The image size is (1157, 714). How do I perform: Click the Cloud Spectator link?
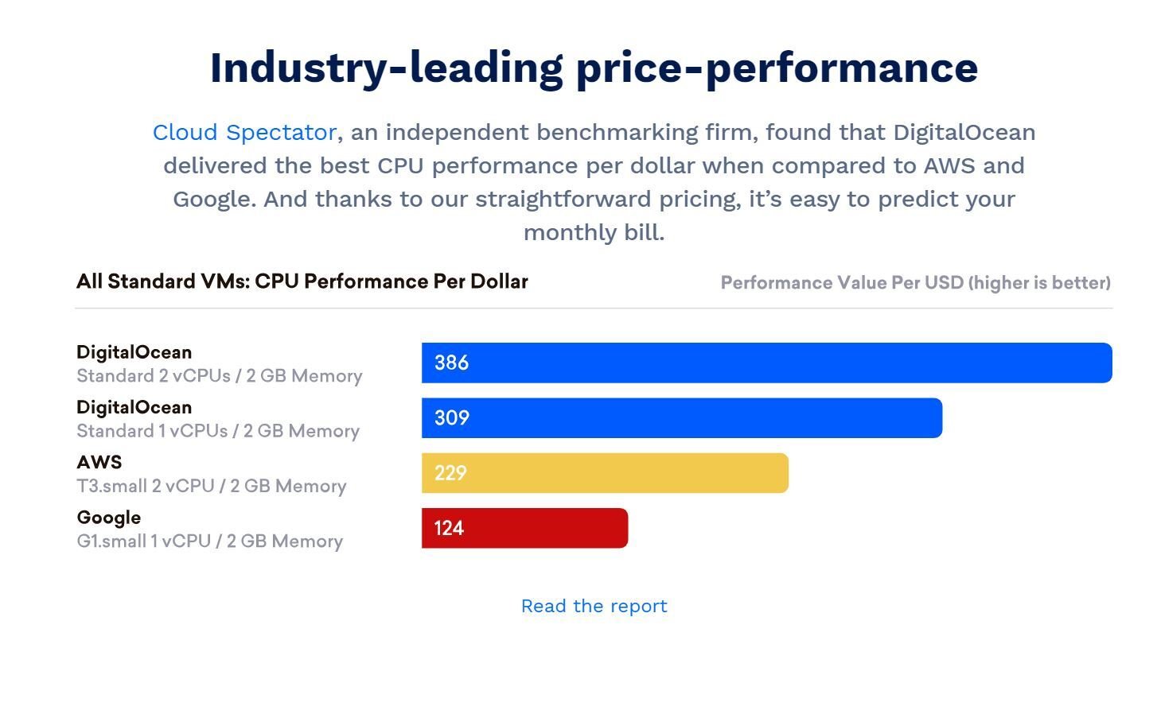[x=244, y=132]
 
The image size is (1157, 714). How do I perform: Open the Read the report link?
[x=594, y=606]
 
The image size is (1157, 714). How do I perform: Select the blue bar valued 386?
[x=766, y=363]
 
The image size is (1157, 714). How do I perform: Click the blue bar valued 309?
[x=681, y=418]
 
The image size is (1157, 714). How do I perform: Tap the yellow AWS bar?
[x=605, y=473]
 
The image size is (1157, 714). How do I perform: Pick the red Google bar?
[x=524, y=528]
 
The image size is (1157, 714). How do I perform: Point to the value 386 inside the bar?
[x=451, y=363]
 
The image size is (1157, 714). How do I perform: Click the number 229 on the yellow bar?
[x=450, y=473]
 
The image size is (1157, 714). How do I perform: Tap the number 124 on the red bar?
[x=449, y=528]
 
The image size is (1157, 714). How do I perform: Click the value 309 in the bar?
[x=451, y=418]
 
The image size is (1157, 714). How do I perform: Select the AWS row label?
[x=99, y=462]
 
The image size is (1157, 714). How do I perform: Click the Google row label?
[x=109, y=518]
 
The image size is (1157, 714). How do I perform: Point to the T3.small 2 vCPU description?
[x=211, y=486]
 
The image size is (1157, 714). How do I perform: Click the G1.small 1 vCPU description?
[x=209, y=541]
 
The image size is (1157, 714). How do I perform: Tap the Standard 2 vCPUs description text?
[x=219, y=376]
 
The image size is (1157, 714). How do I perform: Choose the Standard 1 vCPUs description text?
[x=217, y=431]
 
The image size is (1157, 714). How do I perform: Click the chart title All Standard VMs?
[x=302, y=281]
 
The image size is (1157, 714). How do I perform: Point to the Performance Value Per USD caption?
[x=915, y=283]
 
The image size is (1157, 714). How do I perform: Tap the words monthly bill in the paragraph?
[x=594, y=232]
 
